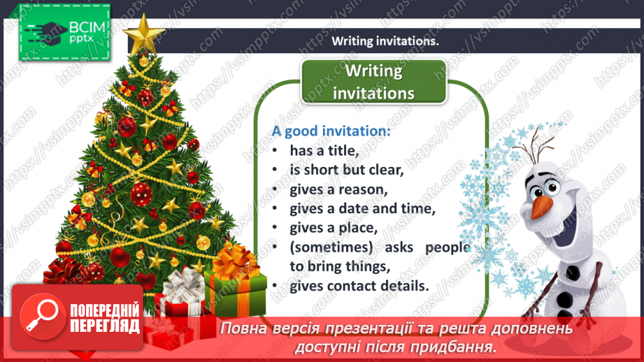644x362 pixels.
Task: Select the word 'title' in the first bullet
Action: tap(342, 150)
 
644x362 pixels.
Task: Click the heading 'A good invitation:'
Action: tap(331, 131)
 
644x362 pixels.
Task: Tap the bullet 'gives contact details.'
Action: tap(350, 285)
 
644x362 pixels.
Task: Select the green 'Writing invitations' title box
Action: tap(373, 81)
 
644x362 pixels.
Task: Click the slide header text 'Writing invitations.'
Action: tap(385, 41)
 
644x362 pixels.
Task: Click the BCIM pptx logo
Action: tap(64, 32)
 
